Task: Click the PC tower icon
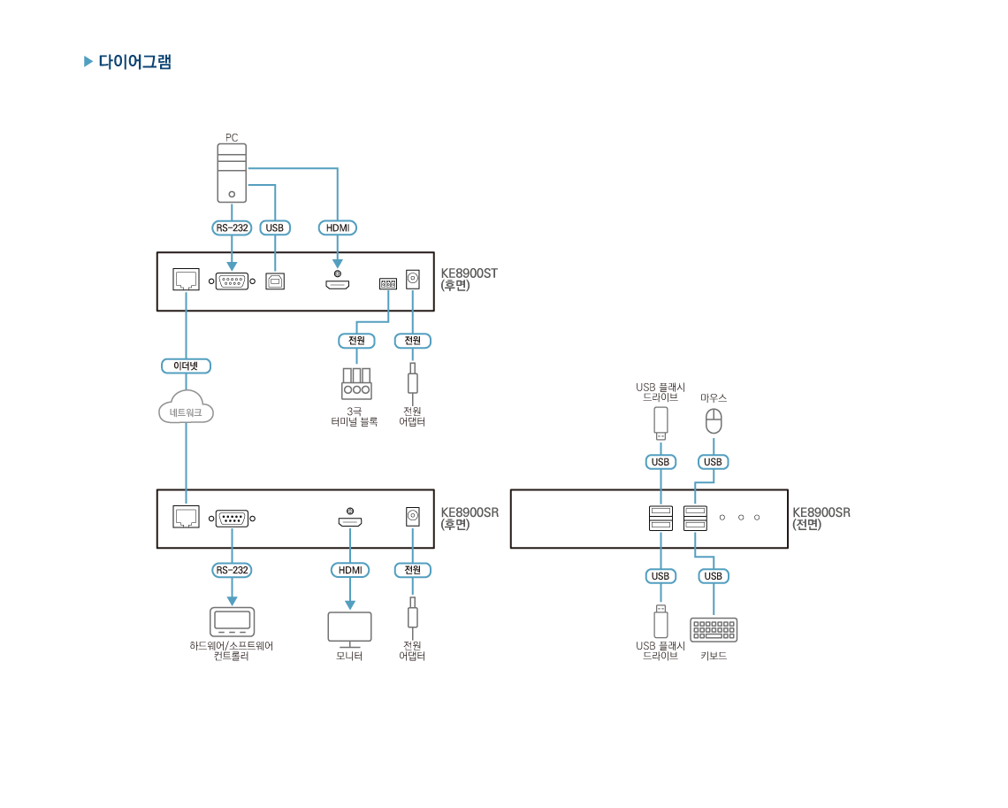coord(232,173)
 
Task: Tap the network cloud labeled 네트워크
coord(186,409)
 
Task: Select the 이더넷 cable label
coord(186,366)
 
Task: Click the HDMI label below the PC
coord(337,227)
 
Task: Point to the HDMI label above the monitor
coord(349,570)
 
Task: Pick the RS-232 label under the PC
coord(232,227)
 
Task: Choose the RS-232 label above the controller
coord(232,570)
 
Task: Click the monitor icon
coord(349,627)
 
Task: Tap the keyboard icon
coord(714,629)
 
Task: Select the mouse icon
coord(714,420)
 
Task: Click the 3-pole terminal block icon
coord(356,383)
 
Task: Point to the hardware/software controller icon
coord(232,621)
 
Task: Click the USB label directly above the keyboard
coord(714,576)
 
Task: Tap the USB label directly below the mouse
coord(714,462)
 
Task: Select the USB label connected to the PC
coord(275,227)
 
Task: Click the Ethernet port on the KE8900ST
coord(186,281)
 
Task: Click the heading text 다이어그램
coord(134,62)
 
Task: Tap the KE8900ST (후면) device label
coord(469,279)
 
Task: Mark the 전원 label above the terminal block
coord(356,341)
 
